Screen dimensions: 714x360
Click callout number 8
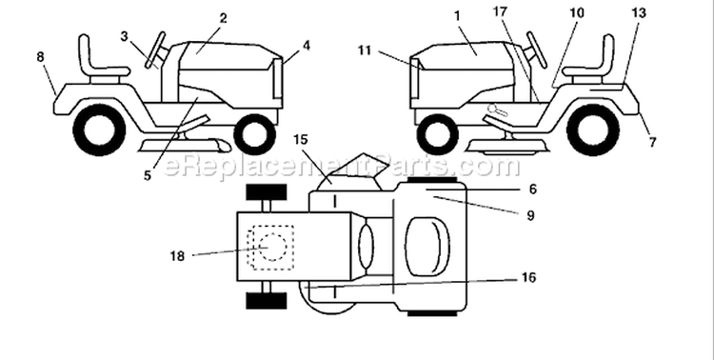point(40,57)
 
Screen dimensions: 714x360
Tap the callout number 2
point(223,18)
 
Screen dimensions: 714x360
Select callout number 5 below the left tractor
point(147,176)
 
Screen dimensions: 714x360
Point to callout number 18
point(178,256)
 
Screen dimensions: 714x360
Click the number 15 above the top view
point(301,139)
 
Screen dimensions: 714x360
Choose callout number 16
point(528,277)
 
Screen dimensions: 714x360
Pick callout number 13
point(639,13)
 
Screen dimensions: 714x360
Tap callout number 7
point(652,143)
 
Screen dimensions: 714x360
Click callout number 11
point(365,50)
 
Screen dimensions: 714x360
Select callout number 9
point(530,215)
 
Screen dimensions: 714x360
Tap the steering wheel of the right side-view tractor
point(536,50)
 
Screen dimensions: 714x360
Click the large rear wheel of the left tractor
point(99,130)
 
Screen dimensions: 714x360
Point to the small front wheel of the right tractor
point(437,135)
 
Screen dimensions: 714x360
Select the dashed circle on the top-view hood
point(272,247)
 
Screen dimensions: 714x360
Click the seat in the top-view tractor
point(427,246)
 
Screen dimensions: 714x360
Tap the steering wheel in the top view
point(366,246)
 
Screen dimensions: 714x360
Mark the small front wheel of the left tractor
point(254,135)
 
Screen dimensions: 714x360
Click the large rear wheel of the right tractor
point(593,130)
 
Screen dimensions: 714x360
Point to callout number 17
point(500,11)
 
